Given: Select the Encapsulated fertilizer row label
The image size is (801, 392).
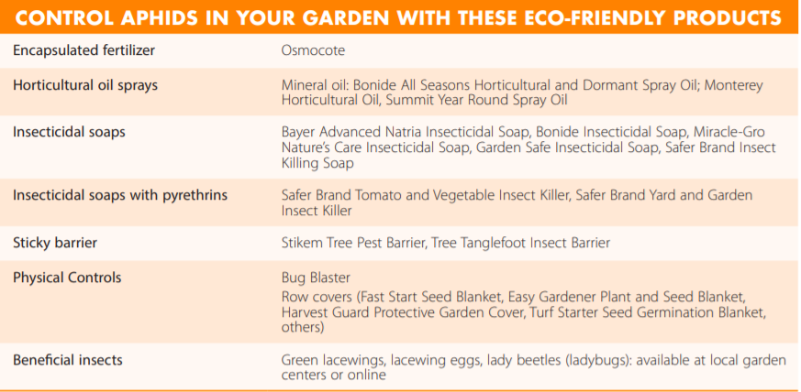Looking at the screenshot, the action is click(83, 51).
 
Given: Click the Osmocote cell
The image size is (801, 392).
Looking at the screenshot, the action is click(313, 51).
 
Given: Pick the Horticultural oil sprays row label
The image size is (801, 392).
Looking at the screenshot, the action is click(85, 85).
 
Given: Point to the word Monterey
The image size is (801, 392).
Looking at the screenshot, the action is click(734, 86).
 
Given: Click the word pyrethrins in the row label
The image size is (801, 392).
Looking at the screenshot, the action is click(195, 196).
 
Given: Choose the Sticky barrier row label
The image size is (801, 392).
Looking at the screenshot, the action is click(55, 243).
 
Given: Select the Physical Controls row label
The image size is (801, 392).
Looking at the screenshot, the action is click(67, 278).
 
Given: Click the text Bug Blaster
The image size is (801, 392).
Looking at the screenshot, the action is click(316, 278).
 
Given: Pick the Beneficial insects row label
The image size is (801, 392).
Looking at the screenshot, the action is click(68, 360).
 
